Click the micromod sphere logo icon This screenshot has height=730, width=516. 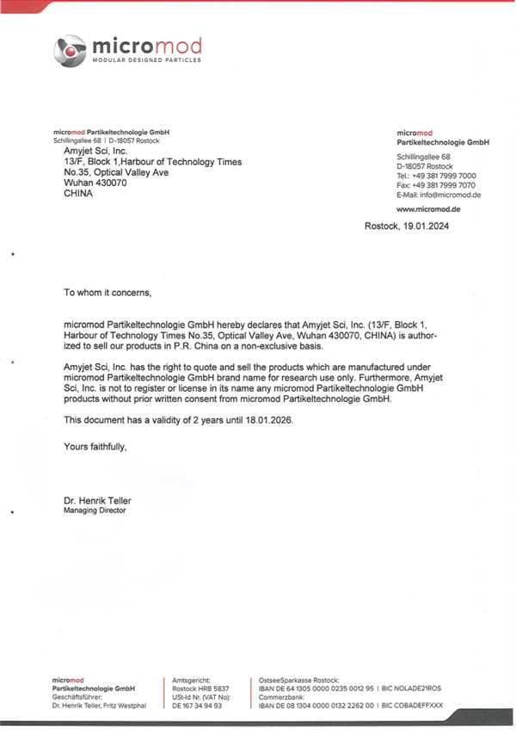pos(70,51)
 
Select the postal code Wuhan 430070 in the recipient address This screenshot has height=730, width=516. pos(95,182)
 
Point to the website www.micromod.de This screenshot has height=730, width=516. pos(428,209)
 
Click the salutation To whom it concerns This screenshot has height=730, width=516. pos(107,293)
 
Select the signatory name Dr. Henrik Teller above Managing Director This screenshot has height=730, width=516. pos(97,500)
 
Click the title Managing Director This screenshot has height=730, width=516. pos(95,510)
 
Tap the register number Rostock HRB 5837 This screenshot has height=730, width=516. pos(201,689)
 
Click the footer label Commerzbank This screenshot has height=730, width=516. pos(280,696)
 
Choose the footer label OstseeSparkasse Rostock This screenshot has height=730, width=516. pos(299,680)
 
